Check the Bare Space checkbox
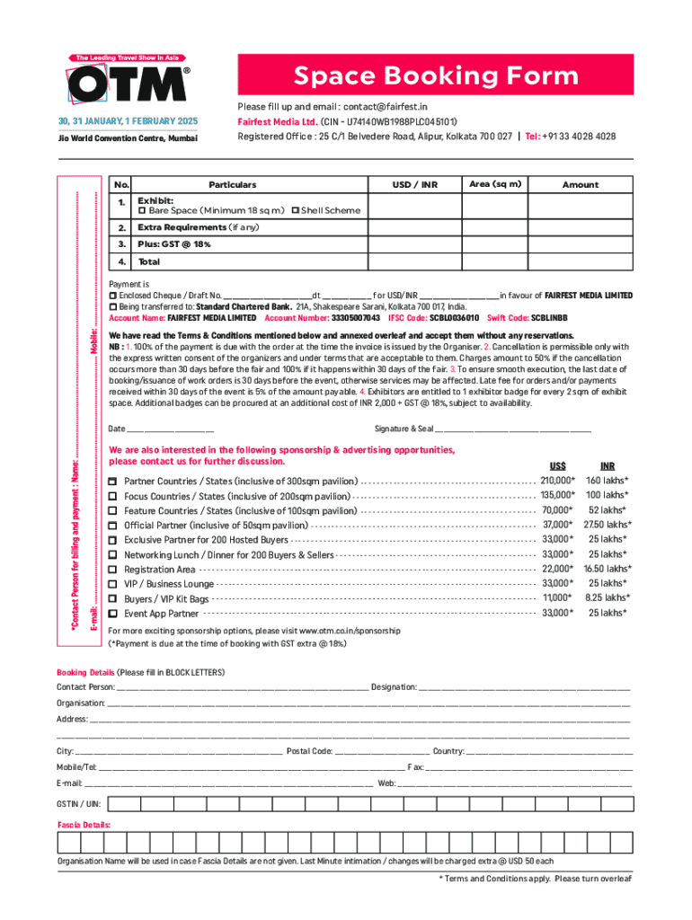tap(141, 210)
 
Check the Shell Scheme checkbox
tap(296, 210)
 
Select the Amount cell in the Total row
tap(580, 262)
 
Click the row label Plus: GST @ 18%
tap(173, 244)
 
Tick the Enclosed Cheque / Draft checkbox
tap(112, 296)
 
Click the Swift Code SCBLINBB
tap(549, 318)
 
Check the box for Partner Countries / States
tap(112, 482)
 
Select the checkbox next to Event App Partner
tap(112, 614)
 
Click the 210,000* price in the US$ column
tap(557, 481)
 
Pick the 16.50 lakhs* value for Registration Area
tap(607, 569)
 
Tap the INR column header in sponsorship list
tap(608, 465)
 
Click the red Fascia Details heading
tap(84, 824)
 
